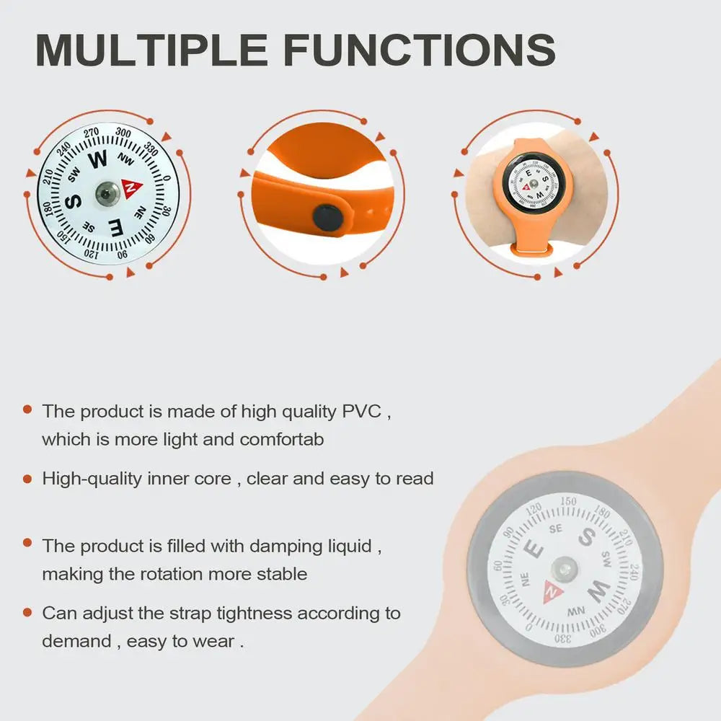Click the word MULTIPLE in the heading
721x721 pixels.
(x=151, y=50)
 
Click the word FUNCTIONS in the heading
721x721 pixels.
(x=420, y=50)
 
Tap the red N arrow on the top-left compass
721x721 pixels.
(x=131, y=187)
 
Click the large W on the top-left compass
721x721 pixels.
(x=97, y=159)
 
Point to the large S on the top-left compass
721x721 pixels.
(x=74, y=201)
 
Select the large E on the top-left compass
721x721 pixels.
(x=116, y=228)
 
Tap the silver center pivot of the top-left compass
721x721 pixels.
(x=107, y=193)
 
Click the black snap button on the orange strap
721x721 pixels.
(x=327, y=218)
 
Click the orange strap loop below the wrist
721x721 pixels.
(x=531, y=249)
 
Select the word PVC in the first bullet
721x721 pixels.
(x=361, y=411)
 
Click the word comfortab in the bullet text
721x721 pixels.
(x=282, y=440)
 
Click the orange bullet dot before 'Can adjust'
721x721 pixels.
(x=27, y=612)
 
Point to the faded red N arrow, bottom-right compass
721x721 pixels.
(x=553, y=592)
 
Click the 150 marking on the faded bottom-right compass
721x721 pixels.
(x=568, y=501)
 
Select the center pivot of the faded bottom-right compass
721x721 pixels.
(x=565, y=569)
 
